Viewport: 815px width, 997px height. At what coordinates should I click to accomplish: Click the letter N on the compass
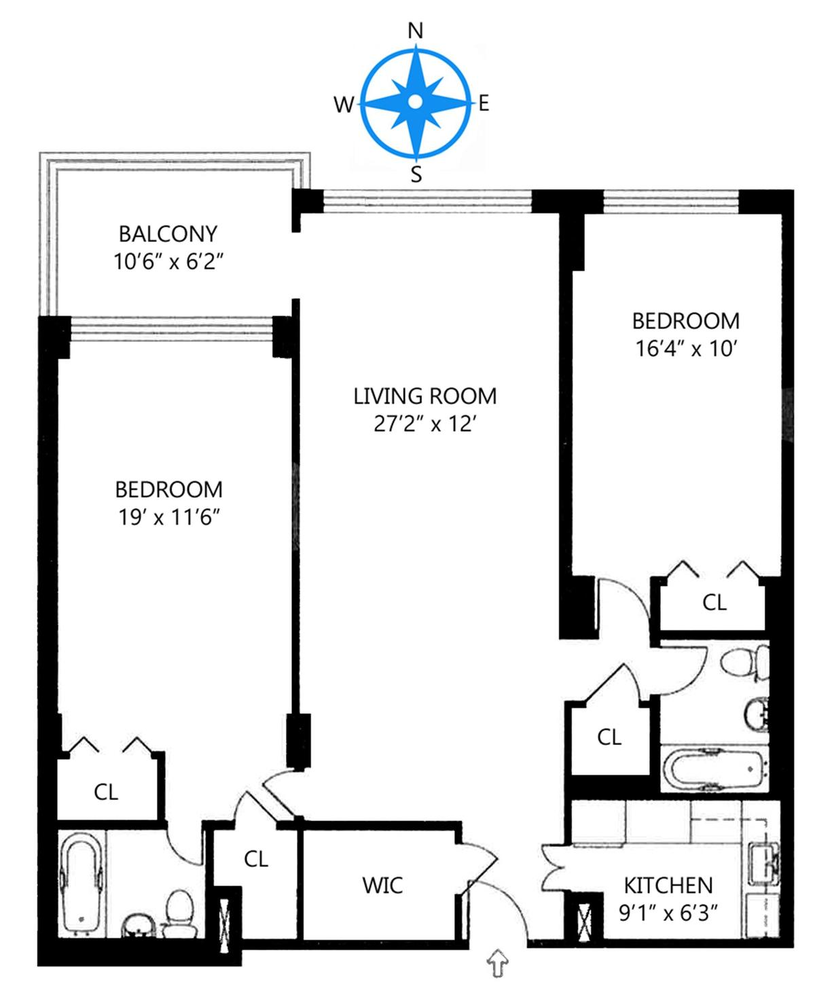click(x=415, y=31)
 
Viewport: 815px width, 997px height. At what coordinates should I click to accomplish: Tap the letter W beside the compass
click(x=344, y=105)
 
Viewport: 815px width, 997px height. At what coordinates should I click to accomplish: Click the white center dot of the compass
click(x=415, y=102)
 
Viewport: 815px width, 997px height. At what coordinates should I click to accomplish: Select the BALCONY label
click(x=168, y=234)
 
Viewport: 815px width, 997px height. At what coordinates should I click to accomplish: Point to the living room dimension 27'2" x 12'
click(x=424, y=424)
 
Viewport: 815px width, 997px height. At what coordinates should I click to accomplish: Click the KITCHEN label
click(x=668, y=886)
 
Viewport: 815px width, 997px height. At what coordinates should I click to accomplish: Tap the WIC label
click(x=382, y=885)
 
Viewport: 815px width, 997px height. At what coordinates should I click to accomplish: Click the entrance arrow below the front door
click(x=498, y=962)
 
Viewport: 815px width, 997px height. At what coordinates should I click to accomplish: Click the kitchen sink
click(x=765, y=862)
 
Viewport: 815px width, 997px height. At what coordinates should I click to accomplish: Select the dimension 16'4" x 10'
click(x=686, y=350)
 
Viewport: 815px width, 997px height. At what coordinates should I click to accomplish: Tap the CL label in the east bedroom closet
click(x=714, y=603)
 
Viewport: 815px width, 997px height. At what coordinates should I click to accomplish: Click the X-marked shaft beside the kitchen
click(x=585, y=920)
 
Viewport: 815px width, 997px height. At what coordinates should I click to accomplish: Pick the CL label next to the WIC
click(x=255, y=859)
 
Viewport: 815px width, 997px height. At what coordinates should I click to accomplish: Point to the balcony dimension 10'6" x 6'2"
click(x=168, y=262)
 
